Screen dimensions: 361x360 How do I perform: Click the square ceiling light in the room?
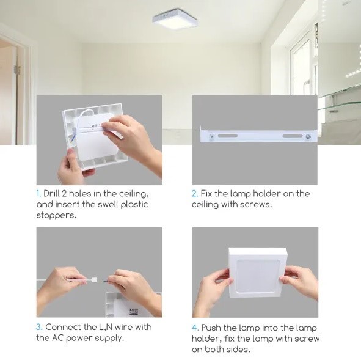(x=175, y=19)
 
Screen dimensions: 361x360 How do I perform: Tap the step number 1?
(x=38, y=194)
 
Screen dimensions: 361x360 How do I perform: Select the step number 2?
(x=195, y=194)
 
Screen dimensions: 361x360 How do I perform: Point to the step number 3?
(x=39, y=327)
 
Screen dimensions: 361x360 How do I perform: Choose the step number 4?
(x=195, y=328)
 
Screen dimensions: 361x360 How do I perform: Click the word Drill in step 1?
(x=51, y=194)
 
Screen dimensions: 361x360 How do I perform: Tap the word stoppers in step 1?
(x=56, y=216)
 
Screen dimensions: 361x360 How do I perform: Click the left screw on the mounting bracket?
(x=212, y=136)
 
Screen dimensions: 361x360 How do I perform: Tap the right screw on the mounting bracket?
(x=308, y=137)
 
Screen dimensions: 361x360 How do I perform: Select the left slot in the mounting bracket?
(x=228, y=136)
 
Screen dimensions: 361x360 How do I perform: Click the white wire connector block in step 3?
(x=94, y=281)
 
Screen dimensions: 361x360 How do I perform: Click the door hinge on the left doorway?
(x=17, y=70)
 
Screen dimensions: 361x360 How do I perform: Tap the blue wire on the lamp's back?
(x=73, y=138)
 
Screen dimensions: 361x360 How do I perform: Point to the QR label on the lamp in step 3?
(x=134, y=312)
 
